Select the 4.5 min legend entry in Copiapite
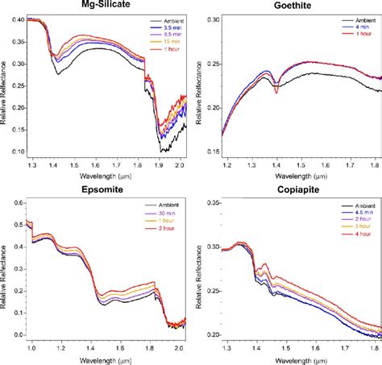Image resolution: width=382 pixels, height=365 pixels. (x=351, y=211)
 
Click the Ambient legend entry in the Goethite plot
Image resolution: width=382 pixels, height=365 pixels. (x=351, y=18)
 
